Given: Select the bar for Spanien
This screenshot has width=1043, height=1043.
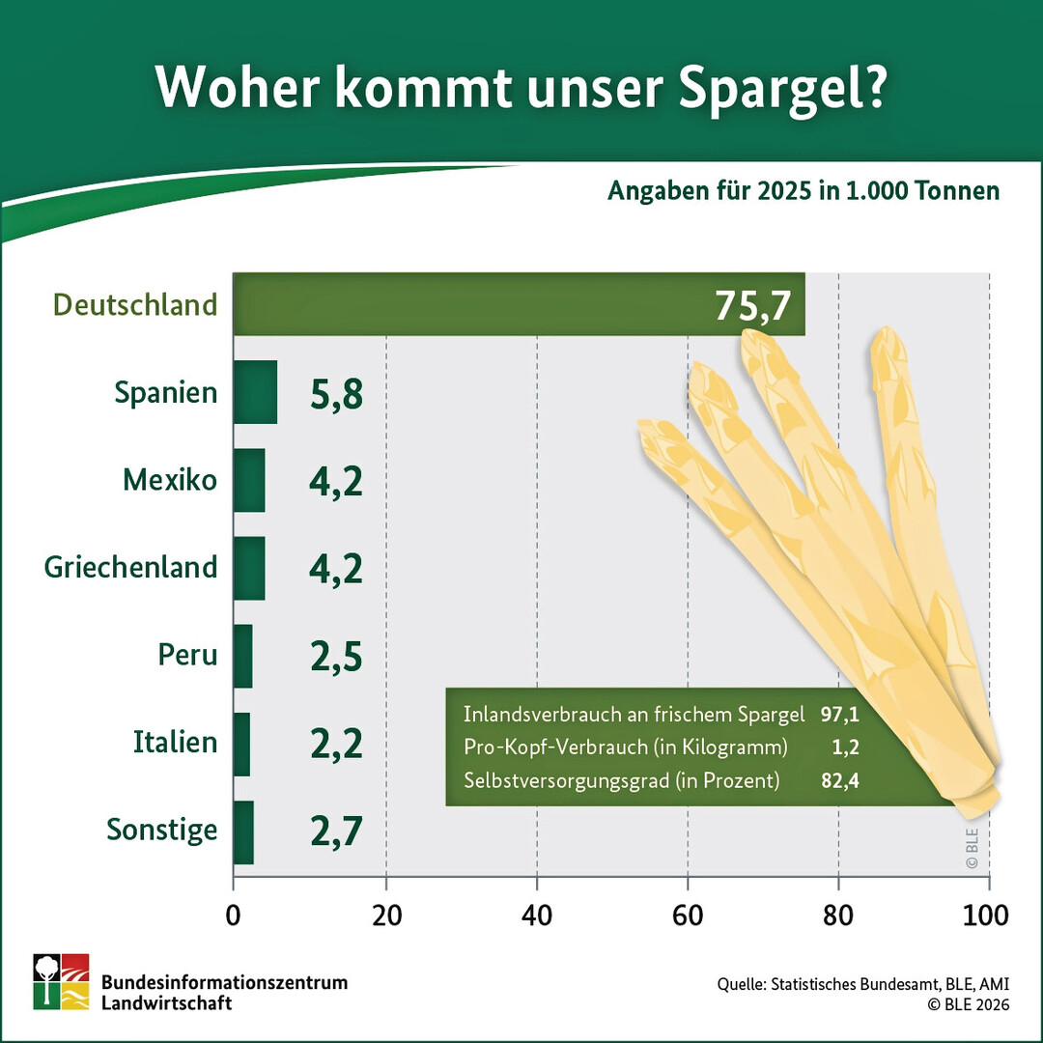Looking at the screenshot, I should (255, 392).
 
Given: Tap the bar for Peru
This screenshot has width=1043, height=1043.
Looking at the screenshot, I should (242, 656).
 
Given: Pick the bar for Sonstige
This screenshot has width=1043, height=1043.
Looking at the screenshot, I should (243, 832).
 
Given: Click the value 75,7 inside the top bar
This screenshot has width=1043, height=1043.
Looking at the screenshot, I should (753, 305).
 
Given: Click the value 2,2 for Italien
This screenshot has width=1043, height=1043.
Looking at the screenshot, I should (336, 744).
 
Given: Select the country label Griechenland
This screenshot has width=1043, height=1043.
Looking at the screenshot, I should (131, 567).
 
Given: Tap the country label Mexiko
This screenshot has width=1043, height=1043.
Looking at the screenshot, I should (170, 479).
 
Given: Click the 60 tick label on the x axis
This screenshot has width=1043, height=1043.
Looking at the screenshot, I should (688, 914).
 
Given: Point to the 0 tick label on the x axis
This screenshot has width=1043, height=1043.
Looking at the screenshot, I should (234, 914).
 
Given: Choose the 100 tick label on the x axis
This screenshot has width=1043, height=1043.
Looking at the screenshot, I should (987, 914).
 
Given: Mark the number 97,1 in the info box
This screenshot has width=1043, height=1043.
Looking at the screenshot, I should (839, 715).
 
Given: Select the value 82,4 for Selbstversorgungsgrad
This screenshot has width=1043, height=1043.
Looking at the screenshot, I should (839, 780).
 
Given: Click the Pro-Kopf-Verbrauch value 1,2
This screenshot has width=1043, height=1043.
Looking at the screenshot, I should (846, 747).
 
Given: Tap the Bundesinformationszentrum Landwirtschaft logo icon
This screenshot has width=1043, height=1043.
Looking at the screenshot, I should (61, 981).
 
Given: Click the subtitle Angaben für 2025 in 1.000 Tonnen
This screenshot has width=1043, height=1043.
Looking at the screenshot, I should (803, 190).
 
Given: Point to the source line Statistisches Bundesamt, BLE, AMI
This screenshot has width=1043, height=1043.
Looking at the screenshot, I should (862, 985).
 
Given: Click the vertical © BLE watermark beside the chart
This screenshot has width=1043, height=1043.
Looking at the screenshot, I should (971, 846).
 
